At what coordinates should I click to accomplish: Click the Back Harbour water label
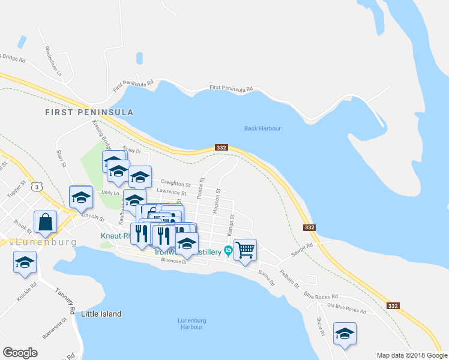pyautogui.click(x=262, y=128)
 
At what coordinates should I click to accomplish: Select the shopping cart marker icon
pyautogui.click(x=245, y=250)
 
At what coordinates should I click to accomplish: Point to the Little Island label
pyautogui.click(x=101, y=314)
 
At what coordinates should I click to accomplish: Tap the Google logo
pyautogui.click(x=20, y=353)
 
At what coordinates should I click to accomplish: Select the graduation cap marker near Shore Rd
pyautogui.click(x=345, y=334)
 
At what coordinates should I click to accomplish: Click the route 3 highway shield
pyautogui.click(x=38, y=187)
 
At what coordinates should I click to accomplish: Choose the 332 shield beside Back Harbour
pyautogui.click(x=221, y=148)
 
